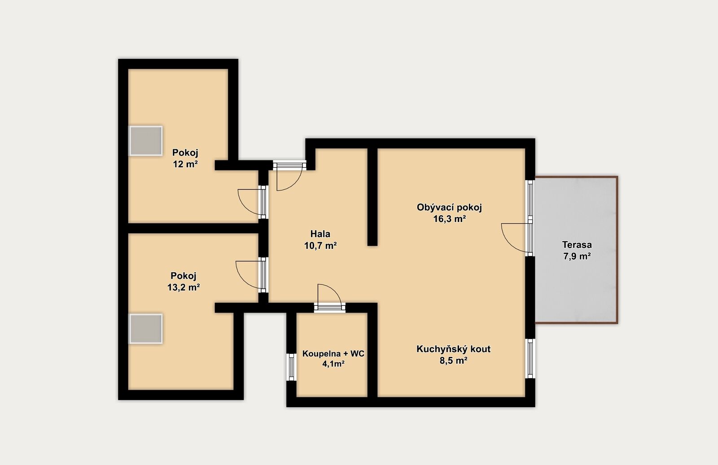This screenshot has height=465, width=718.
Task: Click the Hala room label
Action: point(320,234)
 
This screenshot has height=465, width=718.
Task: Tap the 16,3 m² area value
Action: point(449,219)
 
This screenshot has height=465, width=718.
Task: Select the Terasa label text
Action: point(577,245)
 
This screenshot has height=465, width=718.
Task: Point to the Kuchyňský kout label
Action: point(453,349)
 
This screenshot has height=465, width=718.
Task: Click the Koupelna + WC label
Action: point(333,353)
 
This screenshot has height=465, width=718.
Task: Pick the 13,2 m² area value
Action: point(184,287)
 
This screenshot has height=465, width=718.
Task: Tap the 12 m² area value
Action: point(185,164)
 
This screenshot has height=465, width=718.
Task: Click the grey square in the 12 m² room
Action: point(145,141)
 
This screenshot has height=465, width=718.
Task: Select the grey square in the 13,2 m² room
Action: point(145,329)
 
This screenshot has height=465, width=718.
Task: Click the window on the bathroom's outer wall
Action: point(291,367)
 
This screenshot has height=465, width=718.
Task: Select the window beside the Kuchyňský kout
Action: point(530,358)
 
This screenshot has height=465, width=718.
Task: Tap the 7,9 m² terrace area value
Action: point(577,256)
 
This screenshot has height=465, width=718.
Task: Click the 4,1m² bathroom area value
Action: point(333,364)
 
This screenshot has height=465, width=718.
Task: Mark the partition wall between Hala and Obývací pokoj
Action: point(372,197)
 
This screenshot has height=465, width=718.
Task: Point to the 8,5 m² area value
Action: point(453,361)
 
